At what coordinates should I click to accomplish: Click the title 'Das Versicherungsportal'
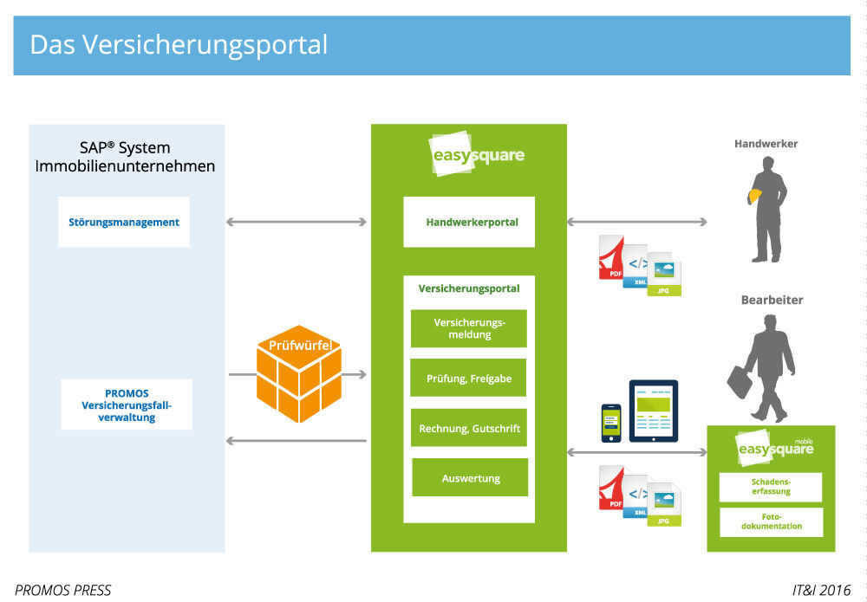[x=179, y=45]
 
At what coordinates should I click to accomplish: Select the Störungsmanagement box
[x=124, y=223]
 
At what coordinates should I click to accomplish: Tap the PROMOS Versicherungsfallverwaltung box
[x=127, y=405]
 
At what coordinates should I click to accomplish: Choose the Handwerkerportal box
[x=469, y=223]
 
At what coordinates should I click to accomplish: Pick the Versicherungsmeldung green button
[x=468, y=329]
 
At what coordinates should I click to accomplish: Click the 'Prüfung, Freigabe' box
[x=468, y=379]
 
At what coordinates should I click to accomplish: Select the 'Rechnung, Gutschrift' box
[x=468, y=428]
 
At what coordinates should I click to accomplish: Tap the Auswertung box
[x=470, y=478]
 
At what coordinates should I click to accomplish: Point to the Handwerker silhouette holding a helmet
[x=767, y=208]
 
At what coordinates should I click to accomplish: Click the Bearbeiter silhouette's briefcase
[x=739, y=382]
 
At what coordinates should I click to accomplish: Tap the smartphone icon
[x=612, y=422]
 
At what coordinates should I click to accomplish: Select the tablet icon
[x=653, y=411]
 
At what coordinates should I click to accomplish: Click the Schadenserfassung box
[x=771, y=486]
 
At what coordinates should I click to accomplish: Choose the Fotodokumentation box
[x=771, y=521]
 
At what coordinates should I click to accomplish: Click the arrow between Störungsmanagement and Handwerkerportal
[x=297, y=223]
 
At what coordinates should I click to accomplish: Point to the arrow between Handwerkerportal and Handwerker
[x=636, y=223]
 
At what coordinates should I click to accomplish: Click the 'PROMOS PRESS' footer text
[x=63, y=591]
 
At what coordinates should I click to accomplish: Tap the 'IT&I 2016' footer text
[x=821, y=591]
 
